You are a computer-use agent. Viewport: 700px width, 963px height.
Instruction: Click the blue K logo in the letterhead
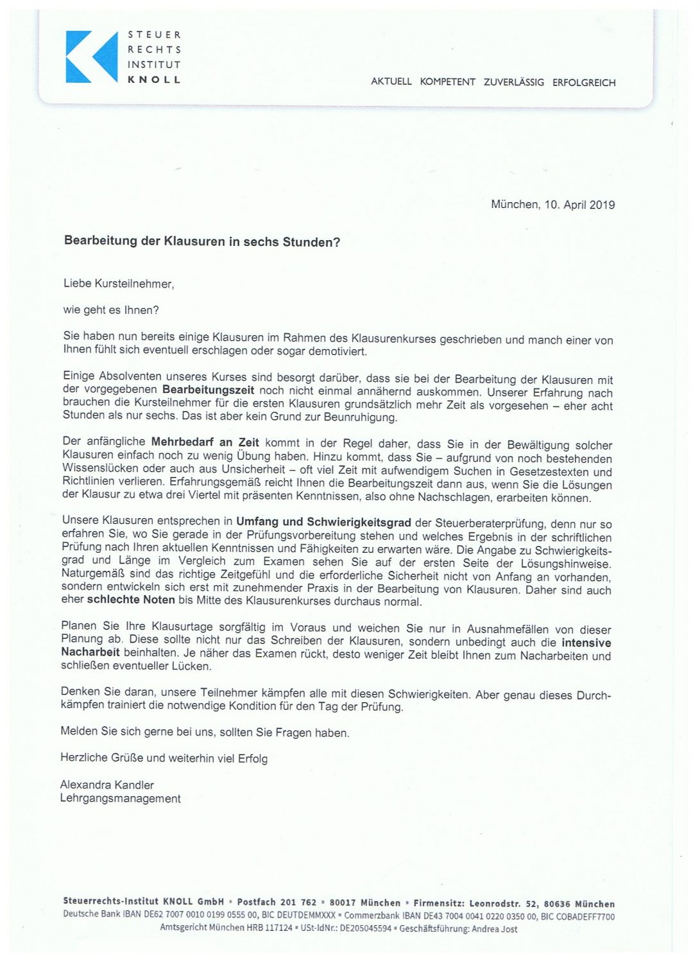click(92, 56)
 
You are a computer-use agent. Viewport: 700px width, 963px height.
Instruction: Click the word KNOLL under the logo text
click(154, 80)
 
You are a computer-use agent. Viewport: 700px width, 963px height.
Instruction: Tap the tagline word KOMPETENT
click(447, 82)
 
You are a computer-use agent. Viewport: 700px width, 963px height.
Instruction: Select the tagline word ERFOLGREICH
click(584, 83)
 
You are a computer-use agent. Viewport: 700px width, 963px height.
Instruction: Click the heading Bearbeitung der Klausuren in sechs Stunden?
click(202, 242)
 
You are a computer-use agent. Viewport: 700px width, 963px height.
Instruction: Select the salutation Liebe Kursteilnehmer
click(119, 284)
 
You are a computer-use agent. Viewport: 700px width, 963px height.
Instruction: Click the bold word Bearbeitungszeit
click(209, 390)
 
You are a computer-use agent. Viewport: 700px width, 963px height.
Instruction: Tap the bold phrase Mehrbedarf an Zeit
click(205, 442)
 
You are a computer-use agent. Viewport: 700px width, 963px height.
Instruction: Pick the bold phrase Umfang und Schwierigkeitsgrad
click(323, 522)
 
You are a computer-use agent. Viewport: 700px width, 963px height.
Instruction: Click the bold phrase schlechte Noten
click(131, 600)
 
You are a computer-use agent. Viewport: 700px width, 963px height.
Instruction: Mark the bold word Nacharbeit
click(90, 652)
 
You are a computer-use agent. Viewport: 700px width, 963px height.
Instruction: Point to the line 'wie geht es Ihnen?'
click(110, 310)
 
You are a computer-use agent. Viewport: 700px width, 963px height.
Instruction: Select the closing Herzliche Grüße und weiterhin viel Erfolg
click(164, 758)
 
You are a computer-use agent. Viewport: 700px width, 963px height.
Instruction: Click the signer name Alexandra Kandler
click(107, 785)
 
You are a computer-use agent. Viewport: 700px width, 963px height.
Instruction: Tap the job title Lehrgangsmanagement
click(120, 799)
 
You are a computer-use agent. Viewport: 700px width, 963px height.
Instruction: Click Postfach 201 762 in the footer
click(277, 903)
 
